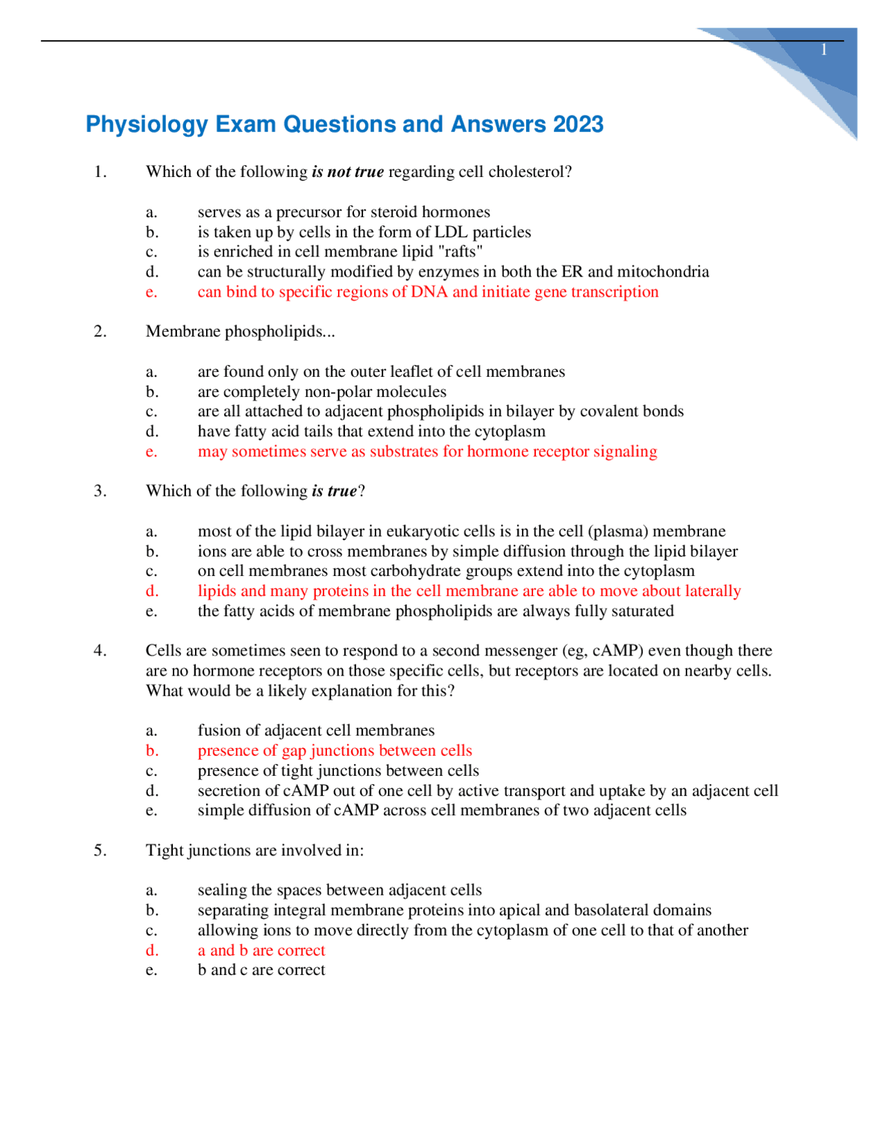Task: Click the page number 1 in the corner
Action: [x=823, y=50]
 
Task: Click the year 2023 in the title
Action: [x=577, y=124]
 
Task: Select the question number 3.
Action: [x=100, y=491]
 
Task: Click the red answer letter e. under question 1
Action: [x=151, y=292]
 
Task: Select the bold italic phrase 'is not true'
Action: [x=348, y=172]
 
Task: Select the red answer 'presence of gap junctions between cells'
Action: [x=335, y=751]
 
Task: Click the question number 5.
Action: [x=100, y=850]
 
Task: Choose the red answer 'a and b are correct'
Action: [x=261, y=951]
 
